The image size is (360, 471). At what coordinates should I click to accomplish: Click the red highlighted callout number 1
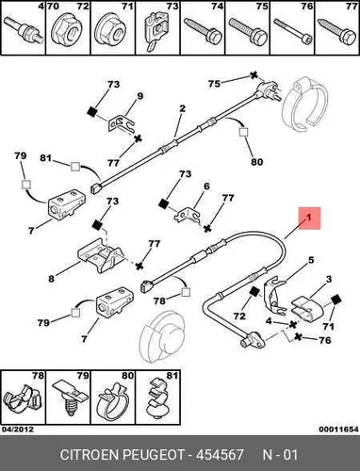point(309,218)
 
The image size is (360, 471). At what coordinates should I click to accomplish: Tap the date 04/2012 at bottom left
point(17,429)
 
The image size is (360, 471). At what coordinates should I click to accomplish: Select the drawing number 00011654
point(338,429)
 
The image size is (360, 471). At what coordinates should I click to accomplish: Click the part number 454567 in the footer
point(220,455)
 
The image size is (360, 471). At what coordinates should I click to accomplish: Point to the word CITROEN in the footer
point(90,455)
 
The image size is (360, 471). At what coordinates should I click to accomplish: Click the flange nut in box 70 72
point(68,32)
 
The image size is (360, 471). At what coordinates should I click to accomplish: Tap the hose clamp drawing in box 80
point(113,403)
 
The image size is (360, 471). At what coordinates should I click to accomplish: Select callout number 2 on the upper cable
point(183,108)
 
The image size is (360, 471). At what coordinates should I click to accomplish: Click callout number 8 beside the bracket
point(51,278)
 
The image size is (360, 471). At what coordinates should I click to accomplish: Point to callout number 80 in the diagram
point(256,162)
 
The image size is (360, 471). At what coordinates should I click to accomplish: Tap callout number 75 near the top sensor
point(214,84)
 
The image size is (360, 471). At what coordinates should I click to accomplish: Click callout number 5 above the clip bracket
point(311,260)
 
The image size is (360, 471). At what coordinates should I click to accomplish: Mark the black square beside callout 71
point(336,300)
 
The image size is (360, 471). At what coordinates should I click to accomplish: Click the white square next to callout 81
point(75,166)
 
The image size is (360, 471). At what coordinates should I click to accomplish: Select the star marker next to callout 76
point(298,337)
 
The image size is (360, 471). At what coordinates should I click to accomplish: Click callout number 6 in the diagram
point(206,187)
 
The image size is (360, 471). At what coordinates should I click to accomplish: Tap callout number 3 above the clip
point(329,279)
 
